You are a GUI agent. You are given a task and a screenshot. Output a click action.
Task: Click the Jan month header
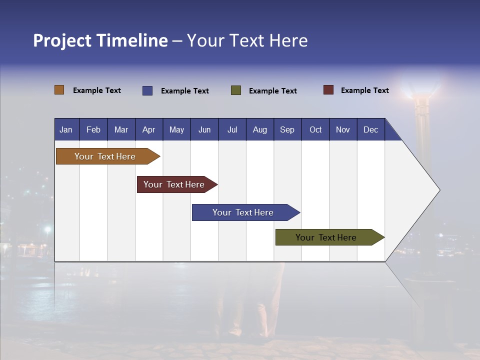66,129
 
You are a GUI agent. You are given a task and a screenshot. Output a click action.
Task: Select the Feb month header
93,129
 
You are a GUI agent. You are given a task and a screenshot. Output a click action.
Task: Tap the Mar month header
121,129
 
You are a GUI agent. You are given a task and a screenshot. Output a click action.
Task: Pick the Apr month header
148,129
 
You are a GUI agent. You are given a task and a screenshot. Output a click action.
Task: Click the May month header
176,129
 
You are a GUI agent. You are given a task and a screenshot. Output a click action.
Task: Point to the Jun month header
204,129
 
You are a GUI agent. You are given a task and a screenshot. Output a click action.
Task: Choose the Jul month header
232,129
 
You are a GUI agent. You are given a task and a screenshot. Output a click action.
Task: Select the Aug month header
259,129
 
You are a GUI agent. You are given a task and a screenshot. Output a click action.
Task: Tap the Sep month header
287,129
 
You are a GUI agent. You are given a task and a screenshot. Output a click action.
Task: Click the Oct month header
315,129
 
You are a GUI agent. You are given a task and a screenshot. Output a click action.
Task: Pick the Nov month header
343,129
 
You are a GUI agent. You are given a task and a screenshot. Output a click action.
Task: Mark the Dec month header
370,129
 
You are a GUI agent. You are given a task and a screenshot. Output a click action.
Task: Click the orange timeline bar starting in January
105,156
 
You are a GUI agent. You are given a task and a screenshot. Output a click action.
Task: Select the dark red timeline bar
174,184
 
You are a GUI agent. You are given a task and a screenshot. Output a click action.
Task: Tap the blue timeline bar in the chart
243,212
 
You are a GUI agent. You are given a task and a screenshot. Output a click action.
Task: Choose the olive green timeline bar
326,237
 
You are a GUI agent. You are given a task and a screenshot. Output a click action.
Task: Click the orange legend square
59,90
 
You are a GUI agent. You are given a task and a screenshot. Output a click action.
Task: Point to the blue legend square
147,90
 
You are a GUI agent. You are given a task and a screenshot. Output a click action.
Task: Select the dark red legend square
328,90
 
